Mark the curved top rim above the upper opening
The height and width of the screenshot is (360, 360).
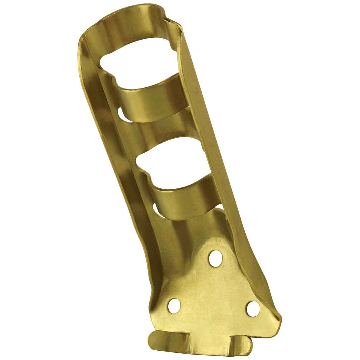pyautogui.click(x=126, y=18)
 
